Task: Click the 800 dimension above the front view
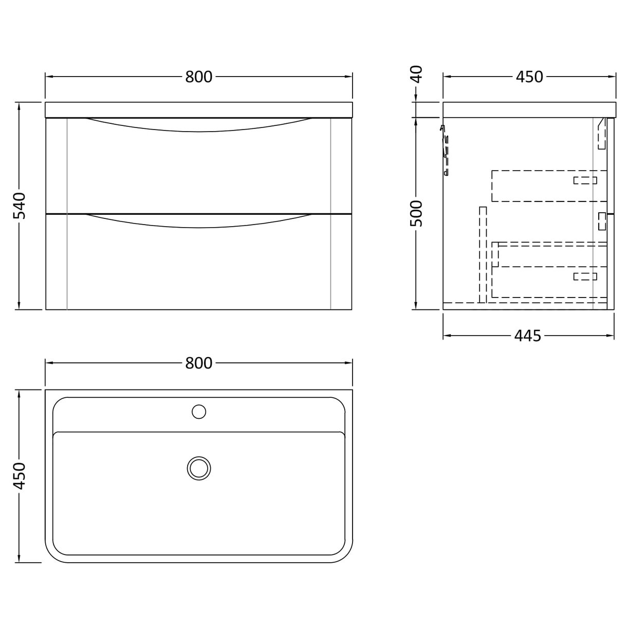(x=198, y=77)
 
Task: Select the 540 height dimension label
(x=19, y=206)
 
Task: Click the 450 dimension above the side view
(x=529, y=77)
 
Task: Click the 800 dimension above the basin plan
(x=198, y=363)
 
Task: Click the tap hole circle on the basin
(x=198, y=411)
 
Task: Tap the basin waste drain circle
(x=198, y=468)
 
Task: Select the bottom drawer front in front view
(x=198, y=267)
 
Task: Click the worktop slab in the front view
(x=198, y=110)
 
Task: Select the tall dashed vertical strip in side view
(x=483, y=254)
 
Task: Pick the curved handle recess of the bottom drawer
(x=198, y=221)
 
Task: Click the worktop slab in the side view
(x=529, y=110)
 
